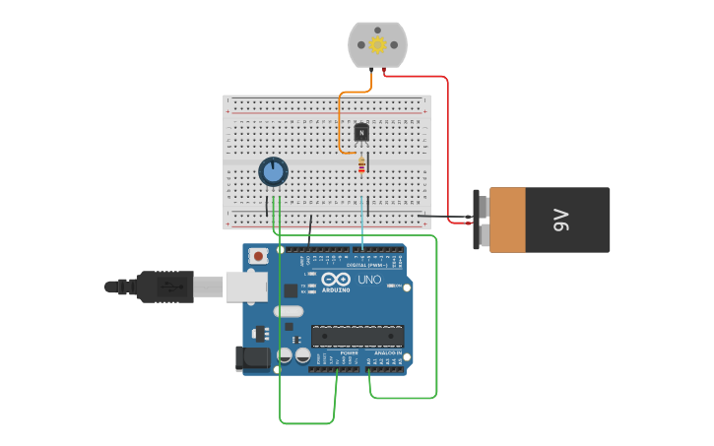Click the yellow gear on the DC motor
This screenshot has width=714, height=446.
(x=377, y=45)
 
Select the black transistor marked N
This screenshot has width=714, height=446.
(x=361, y=132)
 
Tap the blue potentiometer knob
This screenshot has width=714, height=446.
(x=273, y=172)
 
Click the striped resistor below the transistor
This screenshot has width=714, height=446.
(x=361, y=165)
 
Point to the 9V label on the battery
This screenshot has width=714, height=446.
(x=560, y=220)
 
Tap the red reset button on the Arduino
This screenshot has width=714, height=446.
(x=258, y=256)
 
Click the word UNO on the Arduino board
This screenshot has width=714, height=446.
(x=368, y=280)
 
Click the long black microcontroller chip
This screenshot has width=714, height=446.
(x=357, y=336)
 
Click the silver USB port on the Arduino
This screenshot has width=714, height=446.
(x=246, y=287)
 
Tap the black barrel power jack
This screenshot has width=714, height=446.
(x=252, y=358)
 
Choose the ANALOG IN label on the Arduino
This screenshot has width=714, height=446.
(x=386, y=352)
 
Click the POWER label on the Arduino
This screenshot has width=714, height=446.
(x=349, y=352)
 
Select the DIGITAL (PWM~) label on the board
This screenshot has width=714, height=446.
(x=368, y=265)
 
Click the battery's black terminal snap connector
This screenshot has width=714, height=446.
(x=483, y=220)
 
